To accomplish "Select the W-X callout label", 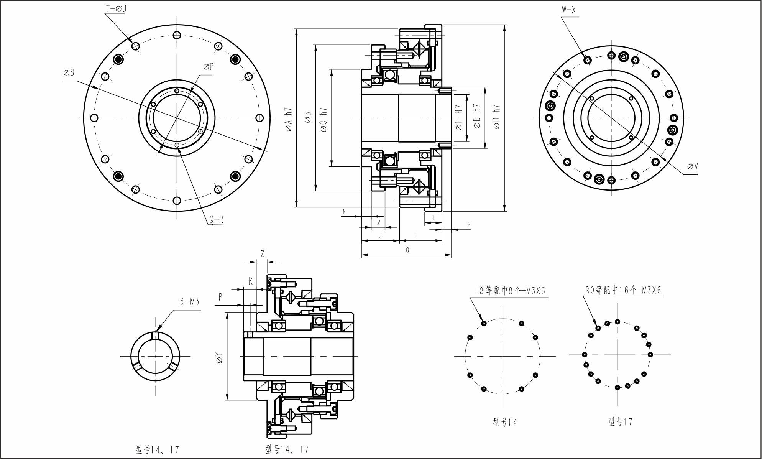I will [x=569, y=10].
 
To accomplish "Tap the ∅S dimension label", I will [x=69, y=72].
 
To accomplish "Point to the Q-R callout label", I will [x=216, y=220].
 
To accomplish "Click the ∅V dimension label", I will [x=693, y=166].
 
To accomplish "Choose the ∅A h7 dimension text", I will [x=289, y=119].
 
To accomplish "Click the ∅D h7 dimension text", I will [x=497, y=117].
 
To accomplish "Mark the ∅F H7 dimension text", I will [x=459, y=117].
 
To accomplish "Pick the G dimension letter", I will [x=407, y=250].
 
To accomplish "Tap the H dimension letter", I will [x=469, y=225].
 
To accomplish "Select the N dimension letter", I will [x=344, y=212].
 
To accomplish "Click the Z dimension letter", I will [x=263, y=254].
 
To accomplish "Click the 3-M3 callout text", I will [x=190, y=302].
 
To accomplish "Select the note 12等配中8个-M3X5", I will [x=509, y=291].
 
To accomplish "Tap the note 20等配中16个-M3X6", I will [x=623, y=290].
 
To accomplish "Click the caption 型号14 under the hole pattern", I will [x=505, y=422].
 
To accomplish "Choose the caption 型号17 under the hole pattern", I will [x=620, y=422].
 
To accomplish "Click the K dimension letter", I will [x=251, y=281].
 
